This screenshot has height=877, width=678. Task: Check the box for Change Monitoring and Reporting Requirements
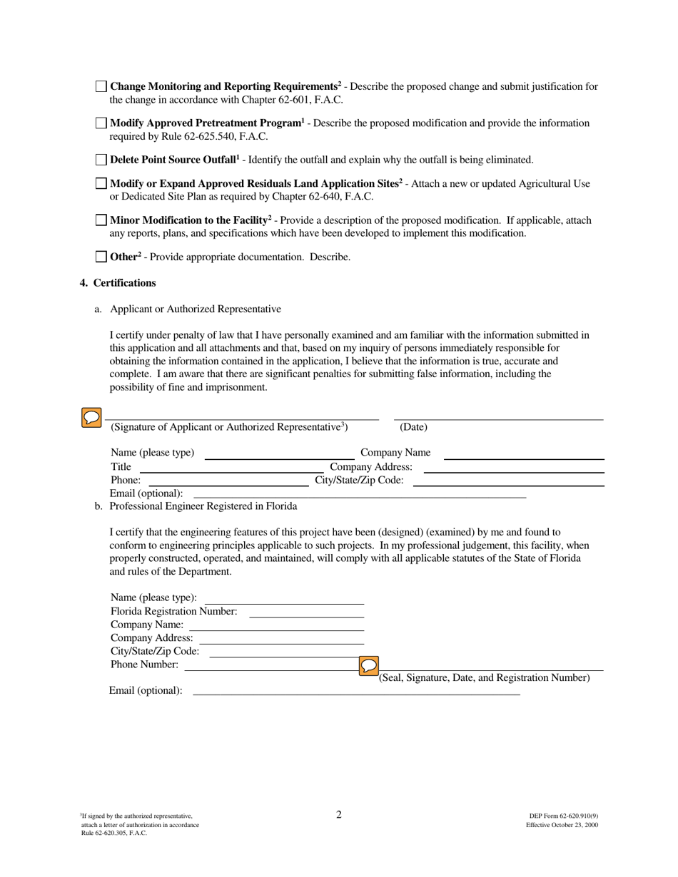point(101,86)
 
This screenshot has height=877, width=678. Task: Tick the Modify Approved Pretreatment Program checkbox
point(101,123)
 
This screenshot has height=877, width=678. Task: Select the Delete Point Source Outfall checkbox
point(101,159)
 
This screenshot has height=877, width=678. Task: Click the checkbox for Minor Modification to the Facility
point(101,220)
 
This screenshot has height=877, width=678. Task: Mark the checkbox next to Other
point(101,257)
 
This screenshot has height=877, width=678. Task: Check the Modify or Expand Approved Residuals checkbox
point(101,183)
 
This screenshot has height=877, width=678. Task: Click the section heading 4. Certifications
point(118,283)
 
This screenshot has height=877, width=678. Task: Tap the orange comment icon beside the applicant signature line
point(91,418)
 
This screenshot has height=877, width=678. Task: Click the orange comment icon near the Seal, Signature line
point(369,666)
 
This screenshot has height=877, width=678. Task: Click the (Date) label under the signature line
point(413,427)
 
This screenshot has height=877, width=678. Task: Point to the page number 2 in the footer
point(339,815)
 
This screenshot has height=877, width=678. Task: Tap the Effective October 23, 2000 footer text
point(562,825)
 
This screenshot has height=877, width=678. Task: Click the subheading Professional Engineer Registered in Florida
point(203,506)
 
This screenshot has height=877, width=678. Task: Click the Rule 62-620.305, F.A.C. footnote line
point(114,833)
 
